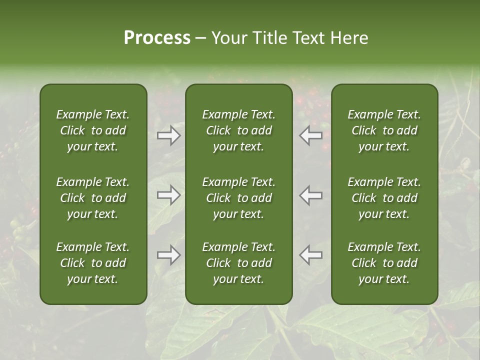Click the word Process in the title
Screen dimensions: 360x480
coord(157,38)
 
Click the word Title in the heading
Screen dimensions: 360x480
coord(267,38)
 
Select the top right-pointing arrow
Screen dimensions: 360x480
coord(168,136)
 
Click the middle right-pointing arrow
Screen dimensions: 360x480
coord(168,195)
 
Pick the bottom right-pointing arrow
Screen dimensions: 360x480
coord(168,255)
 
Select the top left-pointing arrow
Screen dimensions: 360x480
coord(311,136)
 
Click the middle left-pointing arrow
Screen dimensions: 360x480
coord(311,195)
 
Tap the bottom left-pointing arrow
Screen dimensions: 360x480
coord(311,255)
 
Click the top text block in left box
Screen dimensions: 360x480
coord(93,130)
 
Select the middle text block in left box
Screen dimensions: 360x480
coord(93,198)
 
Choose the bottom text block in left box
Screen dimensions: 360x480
coord(93,263)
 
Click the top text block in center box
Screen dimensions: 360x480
coord(238,130)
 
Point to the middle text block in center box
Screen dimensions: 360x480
coord(238,198)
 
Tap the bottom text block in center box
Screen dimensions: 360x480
coord(238,263)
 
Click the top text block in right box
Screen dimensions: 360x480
coord(384,130)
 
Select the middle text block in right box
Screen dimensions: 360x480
coord(384,198)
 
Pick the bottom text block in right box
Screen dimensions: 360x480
coord(384,263)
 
